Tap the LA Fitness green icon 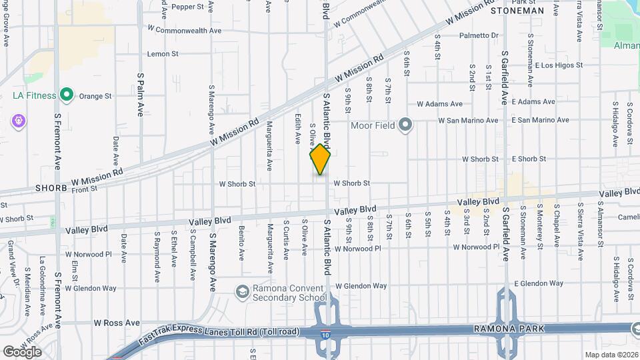(66, 95)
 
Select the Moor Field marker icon (405, 124)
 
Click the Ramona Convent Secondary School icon (242, 291)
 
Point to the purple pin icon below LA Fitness (18, 121)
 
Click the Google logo (22, 351)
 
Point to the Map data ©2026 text (611, 355)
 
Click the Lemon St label (159, 54)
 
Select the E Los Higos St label (559, 65)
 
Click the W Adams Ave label (439, 104)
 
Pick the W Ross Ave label (117, 323)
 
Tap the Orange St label (95, 96)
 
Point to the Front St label (85, 189)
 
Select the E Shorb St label (529, 159)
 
